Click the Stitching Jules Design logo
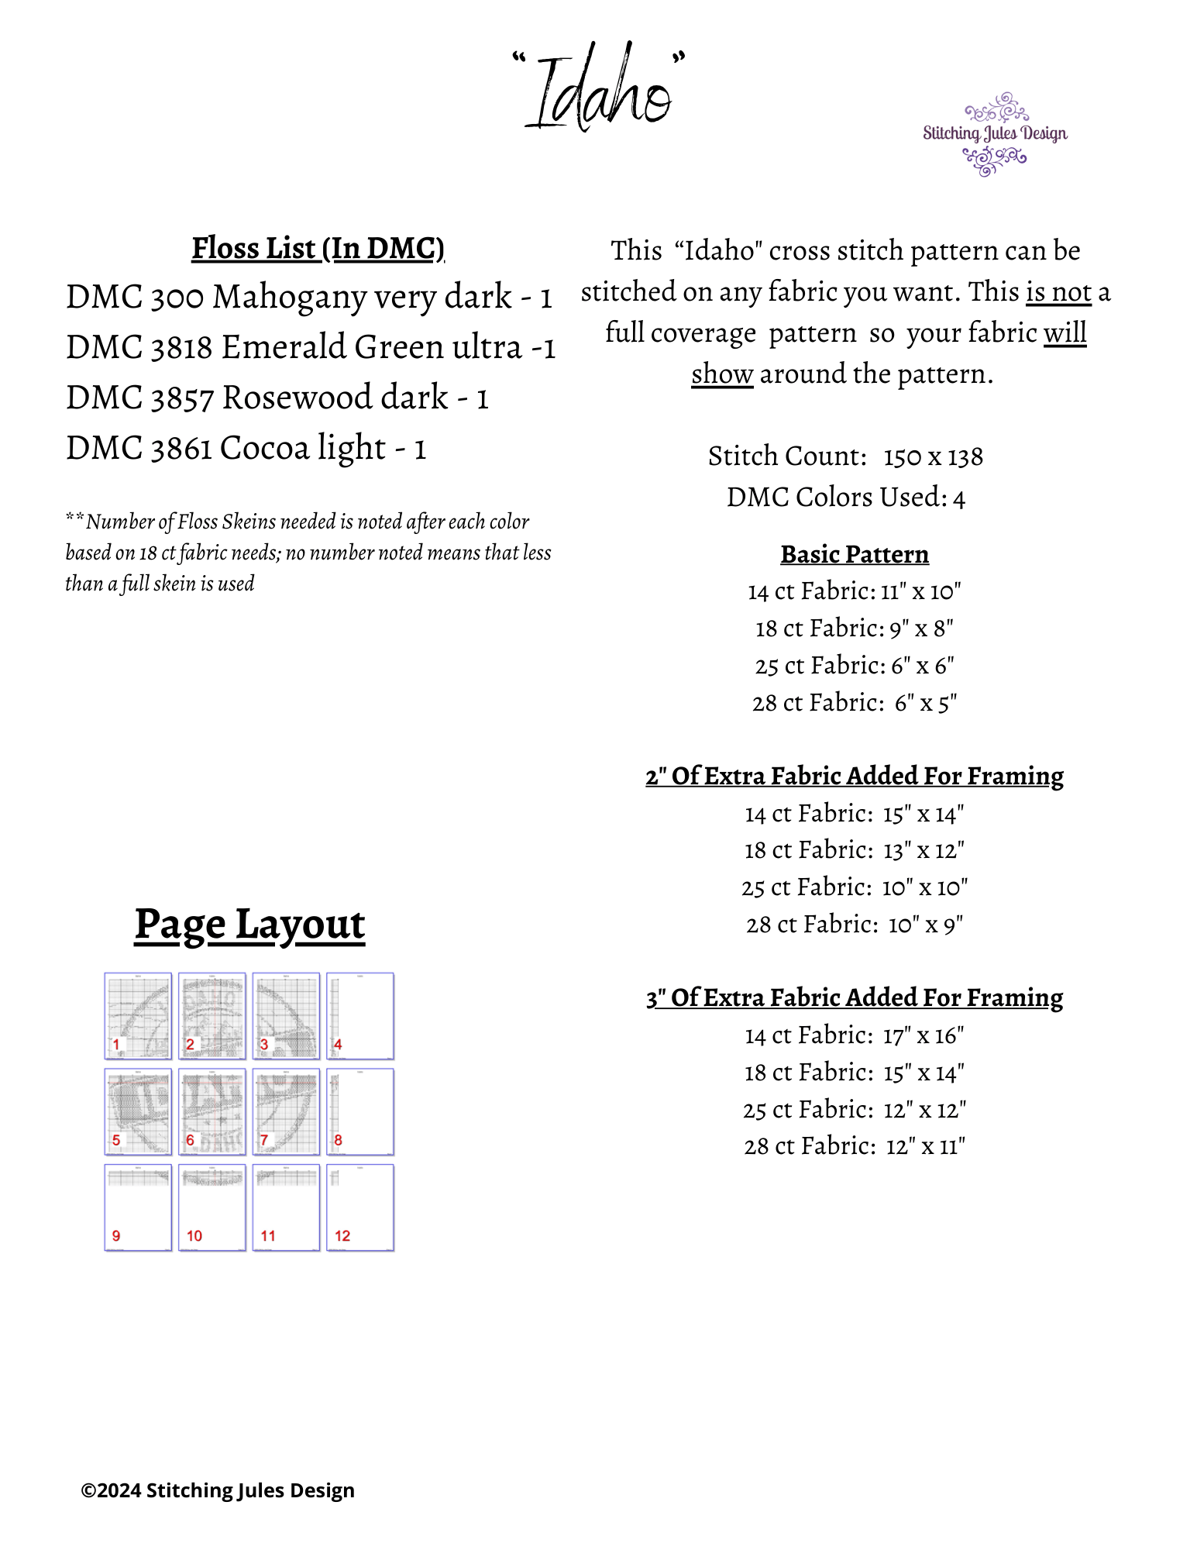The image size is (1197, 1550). (x=994, y=134)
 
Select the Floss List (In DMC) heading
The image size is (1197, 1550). (x=318, y=248)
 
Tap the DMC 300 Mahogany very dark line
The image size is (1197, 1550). (x=308, y=297)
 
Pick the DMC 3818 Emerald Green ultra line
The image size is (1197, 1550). (x=311, y=347)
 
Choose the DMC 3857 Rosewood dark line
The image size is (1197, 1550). (x=277, y=398)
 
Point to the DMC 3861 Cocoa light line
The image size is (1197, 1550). (x=246, y=448)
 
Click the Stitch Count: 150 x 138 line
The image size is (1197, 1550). (x=845, y=456)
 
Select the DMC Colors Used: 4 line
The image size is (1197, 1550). (x=845, y=498)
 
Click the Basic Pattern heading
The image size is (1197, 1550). (x=854, y=554)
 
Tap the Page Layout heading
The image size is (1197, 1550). (x=249, y=924)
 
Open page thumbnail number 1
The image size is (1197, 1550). (x=138, y=1015)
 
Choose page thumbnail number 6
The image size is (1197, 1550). (x=212, y=1111)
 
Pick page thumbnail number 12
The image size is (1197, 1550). (x=360, y=1207)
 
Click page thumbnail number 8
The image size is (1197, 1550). (x=360, y=1111)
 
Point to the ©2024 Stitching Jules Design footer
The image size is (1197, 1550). (x=218, y=1490)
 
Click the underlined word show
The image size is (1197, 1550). (x=721, y=374)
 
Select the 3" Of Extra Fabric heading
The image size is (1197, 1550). (x=854, y=997)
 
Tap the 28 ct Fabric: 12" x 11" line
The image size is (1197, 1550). (x=854, y=1146)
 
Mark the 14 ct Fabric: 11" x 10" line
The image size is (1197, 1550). (x=854, y=591)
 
